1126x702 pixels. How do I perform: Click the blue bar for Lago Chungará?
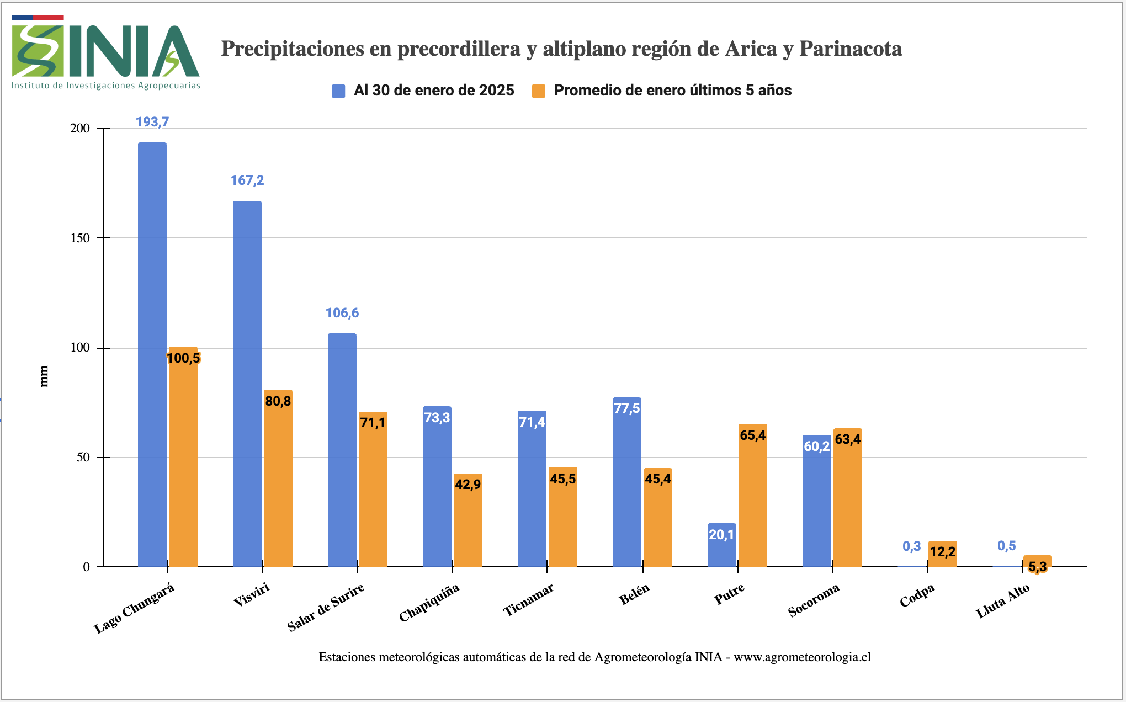tap(152, 353)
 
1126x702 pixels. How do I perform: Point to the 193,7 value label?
tap(152, 122)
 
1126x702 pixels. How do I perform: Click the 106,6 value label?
tap(342, 313)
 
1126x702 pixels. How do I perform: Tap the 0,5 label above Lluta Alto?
tap(1007, 546)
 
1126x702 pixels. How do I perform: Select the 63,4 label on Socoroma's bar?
tap(848, 439)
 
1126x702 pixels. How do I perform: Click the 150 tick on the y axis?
tap(80, 238)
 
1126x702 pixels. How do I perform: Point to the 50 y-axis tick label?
tap(83, 458)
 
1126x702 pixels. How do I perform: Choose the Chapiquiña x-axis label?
tap(429, 603)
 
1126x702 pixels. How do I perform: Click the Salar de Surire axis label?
tap(326, 607)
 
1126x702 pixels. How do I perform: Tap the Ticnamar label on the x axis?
tap(528, 600)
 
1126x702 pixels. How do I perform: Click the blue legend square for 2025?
tap(338, 91)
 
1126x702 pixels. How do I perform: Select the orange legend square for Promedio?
tap(539, 91)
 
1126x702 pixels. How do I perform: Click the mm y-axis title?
tap(44, 376)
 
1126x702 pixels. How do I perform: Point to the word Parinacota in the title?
tap(851, 49)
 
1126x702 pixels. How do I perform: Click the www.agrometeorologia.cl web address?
tap(802, 657)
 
